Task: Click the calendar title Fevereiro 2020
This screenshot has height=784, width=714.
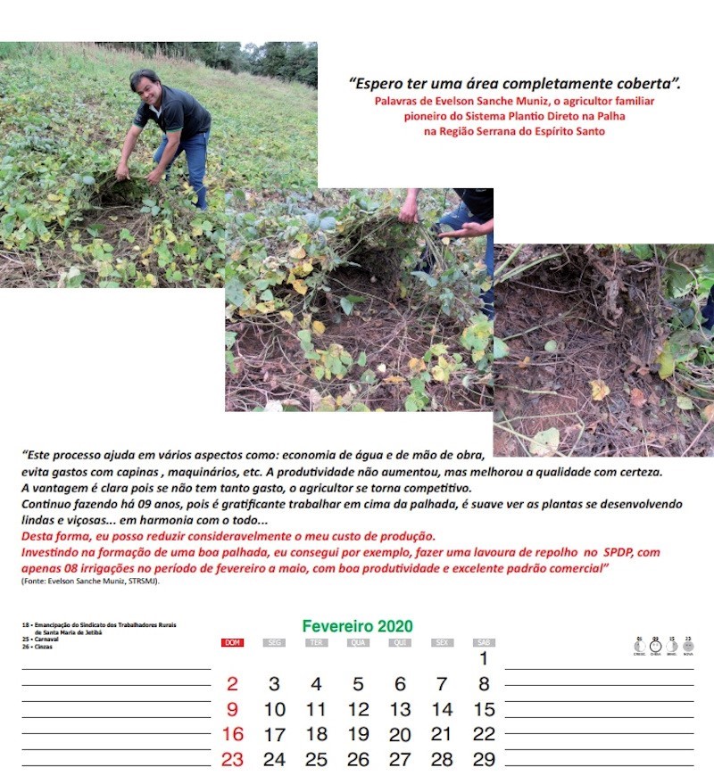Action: pyautogui.click(x=357, y=627)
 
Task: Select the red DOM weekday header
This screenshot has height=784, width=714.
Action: pyautogui.click(x=232, y=642)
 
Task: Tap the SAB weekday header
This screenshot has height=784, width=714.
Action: pyautogui.click(x=483, y=642)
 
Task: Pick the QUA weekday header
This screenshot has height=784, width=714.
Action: pyautogui.click(x=358, y=642)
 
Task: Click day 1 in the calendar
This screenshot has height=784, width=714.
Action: pyautogui.click(x=483, y=660)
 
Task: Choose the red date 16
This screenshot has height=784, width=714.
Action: pyautogui.click(x=232, y=735)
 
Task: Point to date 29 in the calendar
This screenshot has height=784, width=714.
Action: pyautogui.click(x=483, y=760)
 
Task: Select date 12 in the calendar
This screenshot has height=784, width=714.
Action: pyautogui.click(x=358, y=710)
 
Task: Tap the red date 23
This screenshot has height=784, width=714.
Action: pyautogui.click(x=232, y=760)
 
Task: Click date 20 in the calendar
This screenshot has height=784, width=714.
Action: pyautogui.click(x=400, y=735)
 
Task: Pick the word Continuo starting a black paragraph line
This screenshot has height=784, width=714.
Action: pyautogui.click(x=46, y=505)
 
